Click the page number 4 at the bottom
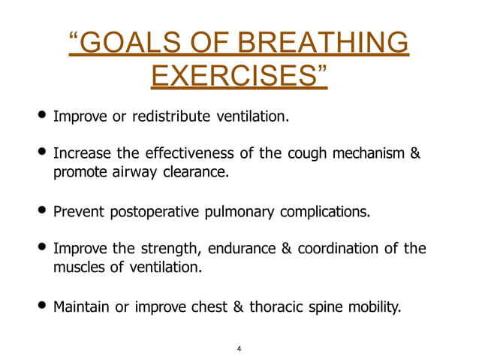point(239,349)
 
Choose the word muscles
point(77,266)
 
